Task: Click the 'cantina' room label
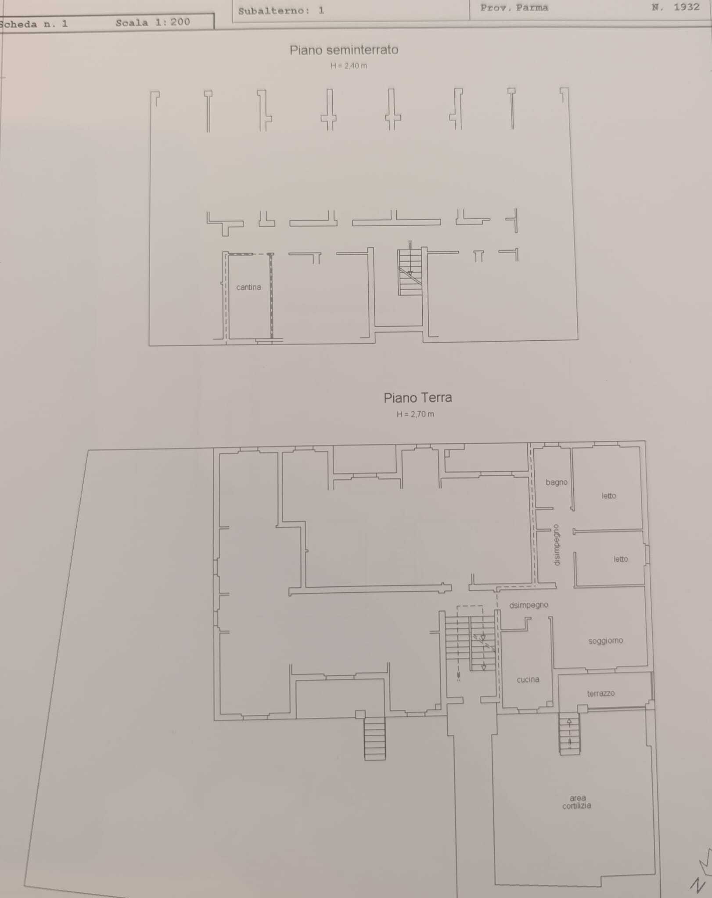tap(248, 287)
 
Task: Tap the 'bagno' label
tap(557, 482)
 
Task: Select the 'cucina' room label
tap(528, 680)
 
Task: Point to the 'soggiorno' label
tap(606, 641)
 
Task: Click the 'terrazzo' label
tap(601, 693)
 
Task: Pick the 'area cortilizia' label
tap(577, 802)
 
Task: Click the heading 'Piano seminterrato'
tap(344, 50)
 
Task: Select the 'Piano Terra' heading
tap(418, 398)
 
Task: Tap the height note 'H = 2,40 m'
tap(349, 66)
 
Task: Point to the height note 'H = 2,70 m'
tap(416, 414)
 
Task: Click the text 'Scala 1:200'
tap(153, 22)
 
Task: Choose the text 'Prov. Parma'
tap(514, 8)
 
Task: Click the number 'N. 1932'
tap(676, 7)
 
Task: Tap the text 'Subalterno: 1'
tap(281, 11)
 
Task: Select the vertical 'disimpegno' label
tap(557, 545)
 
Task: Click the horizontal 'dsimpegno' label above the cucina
tap(529, 605)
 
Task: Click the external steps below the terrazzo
tap(569, 735)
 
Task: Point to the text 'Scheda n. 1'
tap(34, 24)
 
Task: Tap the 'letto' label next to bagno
tap(609, 496)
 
